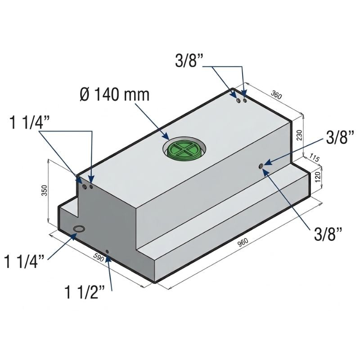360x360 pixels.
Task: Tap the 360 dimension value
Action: (276, 95)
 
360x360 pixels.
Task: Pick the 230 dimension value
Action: (299, 135)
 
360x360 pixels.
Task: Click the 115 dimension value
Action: (314, 158)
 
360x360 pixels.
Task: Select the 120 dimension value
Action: (318, 177)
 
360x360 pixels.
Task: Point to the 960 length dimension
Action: (243, 243)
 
